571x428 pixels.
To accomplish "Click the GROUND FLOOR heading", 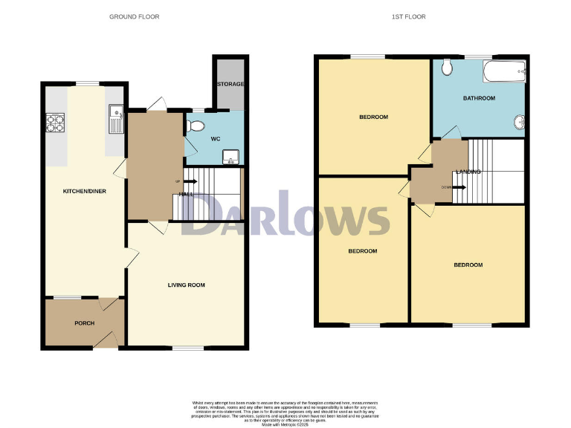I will (134, 16).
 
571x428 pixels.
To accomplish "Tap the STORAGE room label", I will (230, 85).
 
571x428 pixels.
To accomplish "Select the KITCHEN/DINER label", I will (84, 192).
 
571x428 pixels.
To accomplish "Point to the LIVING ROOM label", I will (186, 285).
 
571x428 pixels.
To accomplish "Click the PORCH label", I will (84, 323).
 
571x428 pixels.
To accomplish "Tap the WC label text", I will (216, 139).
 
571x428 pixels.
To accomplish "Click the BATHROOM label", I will (480, 98).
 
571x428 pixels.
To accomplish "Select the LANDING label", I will (468, 172).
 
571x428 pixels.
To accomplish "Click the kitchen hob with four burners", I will (56, 122).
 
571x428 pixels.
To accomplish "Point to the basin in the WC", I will (231, 155).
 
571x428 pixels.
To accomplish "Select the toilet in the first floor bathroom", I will (447, 68).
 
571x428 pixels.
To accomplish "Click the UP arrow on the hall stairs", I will (181, 181).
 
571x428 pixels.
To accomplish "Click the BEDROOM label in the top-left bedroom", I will (373, 117).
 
